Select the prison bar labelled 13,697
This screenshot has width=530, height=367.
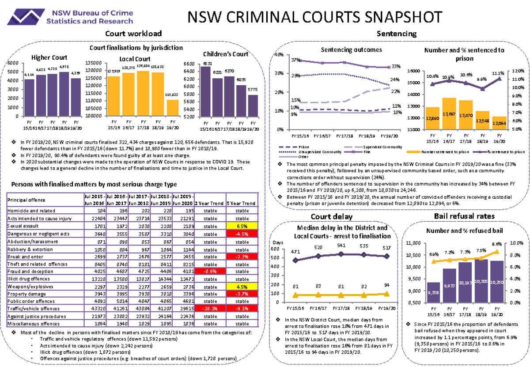click(449, 114)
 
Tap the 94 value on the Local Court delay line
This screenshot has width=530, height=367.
click(387, 285)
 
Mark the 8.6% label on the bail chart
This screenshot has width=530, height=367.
click(496, 244)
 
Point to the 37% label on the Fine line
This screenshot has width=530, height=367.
click(295, 60)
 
